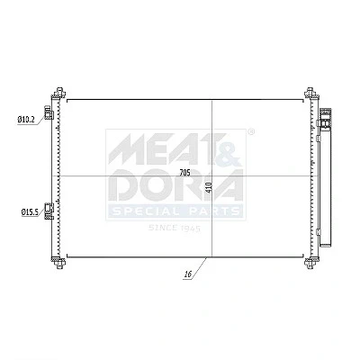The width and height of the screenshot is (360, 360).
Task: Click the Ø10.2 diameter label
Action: pos(27,120)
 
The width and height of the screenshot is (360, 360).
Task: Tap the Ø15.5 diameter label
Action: pos(30,211)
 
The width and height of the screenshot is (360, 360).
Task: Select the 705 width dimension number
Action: pos(185,173)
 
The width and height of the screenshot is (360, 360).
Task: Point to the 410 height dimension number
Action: pos(209,187)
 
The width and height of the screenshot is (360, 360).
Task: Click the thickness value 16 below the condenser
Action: pos(188,274)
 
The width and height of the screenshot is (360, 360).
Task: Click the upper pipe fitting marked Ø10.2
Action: pos(49,112)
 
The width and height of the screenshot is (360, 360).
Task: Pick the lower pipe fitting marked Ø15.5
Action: pos(49,211)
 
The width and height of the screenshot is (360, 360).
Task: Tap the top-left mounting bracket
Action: pos(59,93)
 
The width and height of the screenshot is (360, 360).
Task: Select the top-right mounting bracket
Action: pos(310,93)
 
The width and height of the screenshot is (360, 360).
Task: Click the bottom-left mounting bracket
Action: pos(59,263)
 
